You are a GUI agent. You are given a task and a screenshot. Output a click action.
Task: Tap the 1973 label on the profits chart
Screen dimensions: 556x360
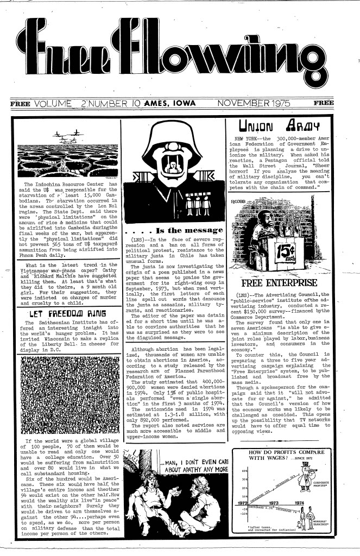[x=270, y=502]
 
